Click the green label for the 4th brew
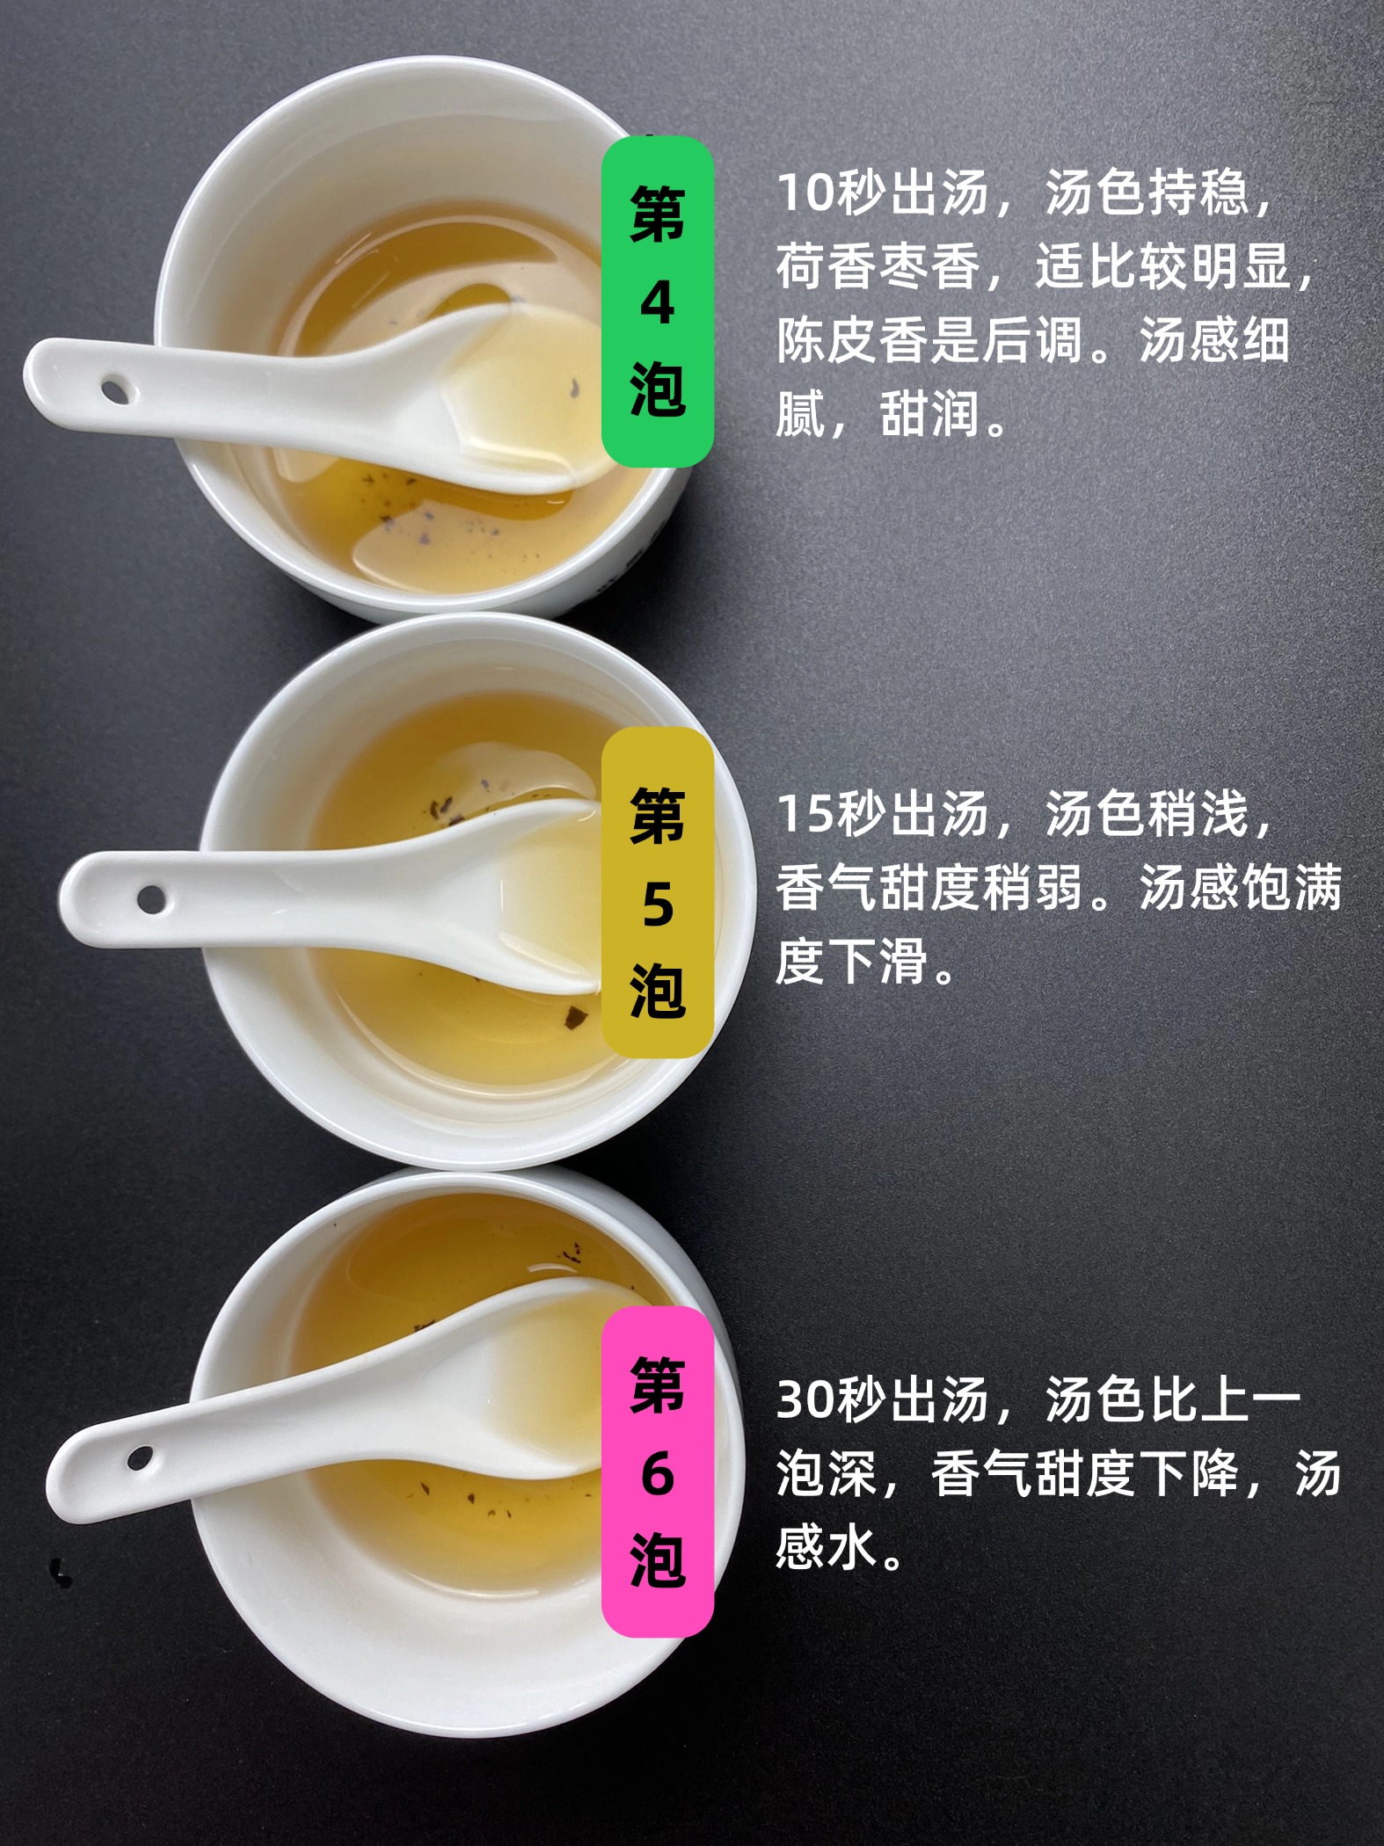[657, 302]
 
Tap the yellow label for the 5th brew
[657, 892]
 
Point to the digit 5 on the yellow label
[658, 905]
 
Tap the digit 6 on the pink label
[658, 1473]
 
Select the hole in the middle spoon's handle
[151, 898]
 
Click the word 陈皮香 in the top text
[852, 341]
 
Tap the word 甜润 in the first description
[930, 415]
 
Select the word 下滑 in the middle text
[878, 962]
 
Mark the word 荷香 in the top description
[827, 267]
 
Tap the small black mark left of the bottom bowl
[61, 1573]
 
